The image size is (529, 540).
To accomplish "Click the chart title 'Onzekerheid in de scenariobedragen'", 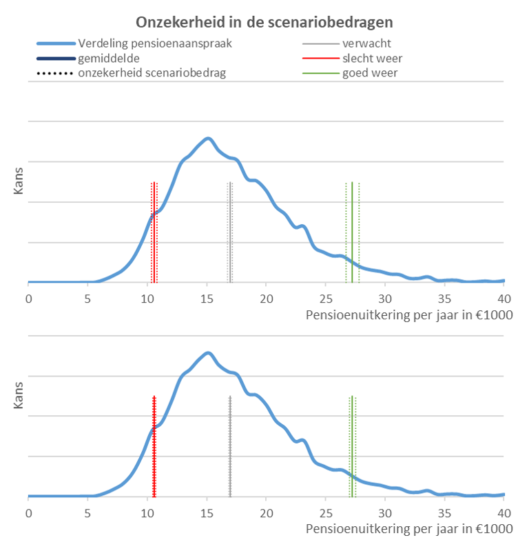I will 264,21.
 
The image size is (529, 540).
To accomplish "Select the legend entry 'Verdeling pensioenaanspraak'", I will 154,43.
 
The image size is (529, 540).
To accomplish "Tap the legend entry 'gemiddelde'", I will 109,58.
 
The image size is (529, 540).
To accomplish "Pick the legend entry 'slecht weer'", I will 372,58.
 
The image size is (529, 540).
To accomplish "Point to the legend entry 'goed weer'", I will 369,72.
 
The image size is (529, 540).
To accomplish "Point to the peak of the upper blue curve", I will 207,139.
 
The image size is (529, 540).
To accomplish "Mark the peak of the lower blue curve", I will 207,352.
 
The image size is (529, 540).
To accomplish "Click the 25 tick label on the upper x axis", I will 326,299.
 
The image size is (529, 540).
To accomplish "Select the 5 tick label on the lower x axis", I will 87,513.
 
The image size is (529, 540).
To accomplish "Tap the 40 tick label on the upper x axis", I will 504,299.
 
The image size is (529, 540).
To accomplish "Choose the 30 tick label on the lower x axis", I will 385,513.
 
